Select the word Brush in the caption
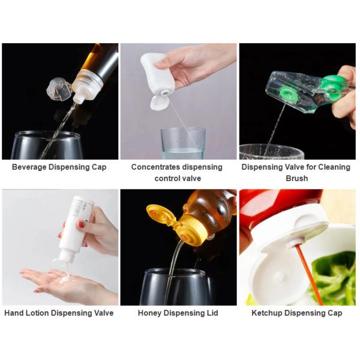coord(296,178)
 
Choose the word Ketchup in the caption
coord(266,313)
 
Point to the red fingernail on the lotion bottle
coord(81,224)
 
